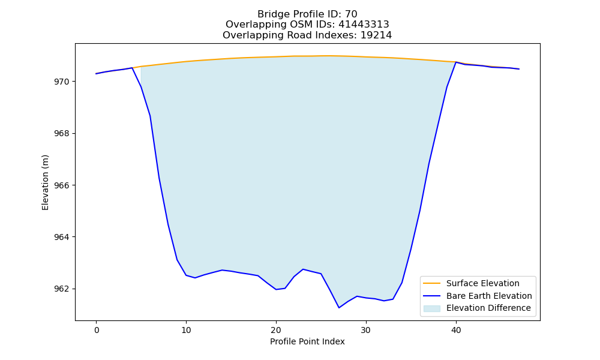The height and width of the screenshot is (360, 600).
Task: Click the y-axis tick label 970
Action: click(x=62, y=82)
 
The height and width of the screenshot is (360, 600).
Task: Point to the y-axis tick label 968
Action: click(x=62, y=134)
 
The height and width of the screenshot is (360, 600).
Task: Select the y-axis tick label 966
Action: click(x=62, y=185)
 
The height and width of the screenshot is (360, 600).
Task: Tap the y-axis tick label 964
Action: click(x=62, y=237)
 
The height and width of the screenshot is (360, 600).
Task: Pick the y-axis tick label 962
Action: click(x=62, y=289)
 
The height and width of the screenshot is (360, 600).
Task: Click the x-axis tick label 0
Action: click(x=97, y=330)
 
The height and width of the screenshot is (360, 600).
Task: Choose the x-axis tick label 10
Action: click(x=186, y=330)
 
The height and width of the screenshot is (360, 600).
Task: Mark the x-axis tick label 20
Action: click(x=276, y=330)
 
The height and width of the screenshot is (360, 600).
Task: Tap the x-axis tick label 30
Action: click(x=366, y=330)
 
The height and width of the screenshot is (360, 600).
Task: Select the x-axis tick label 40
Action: click(x=456, y=330)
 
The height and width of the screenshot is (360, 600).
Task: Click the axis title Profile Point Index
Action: click(x=307, y=341)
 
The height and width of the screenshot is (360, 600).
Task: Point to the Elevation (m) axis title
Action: click(x=45, y=182)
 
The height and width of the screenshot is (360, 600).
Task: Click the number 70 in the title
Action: click(x=351, y=14)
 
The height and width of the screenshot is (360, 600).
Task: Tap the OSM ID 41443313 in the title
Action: click(x=364, y=25)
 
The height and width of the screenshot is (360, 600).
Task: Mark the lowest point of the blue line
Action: click(x=339, y=308)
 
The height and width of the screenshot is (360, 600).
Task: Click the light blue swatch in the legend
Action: click(x=431, y=308)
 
